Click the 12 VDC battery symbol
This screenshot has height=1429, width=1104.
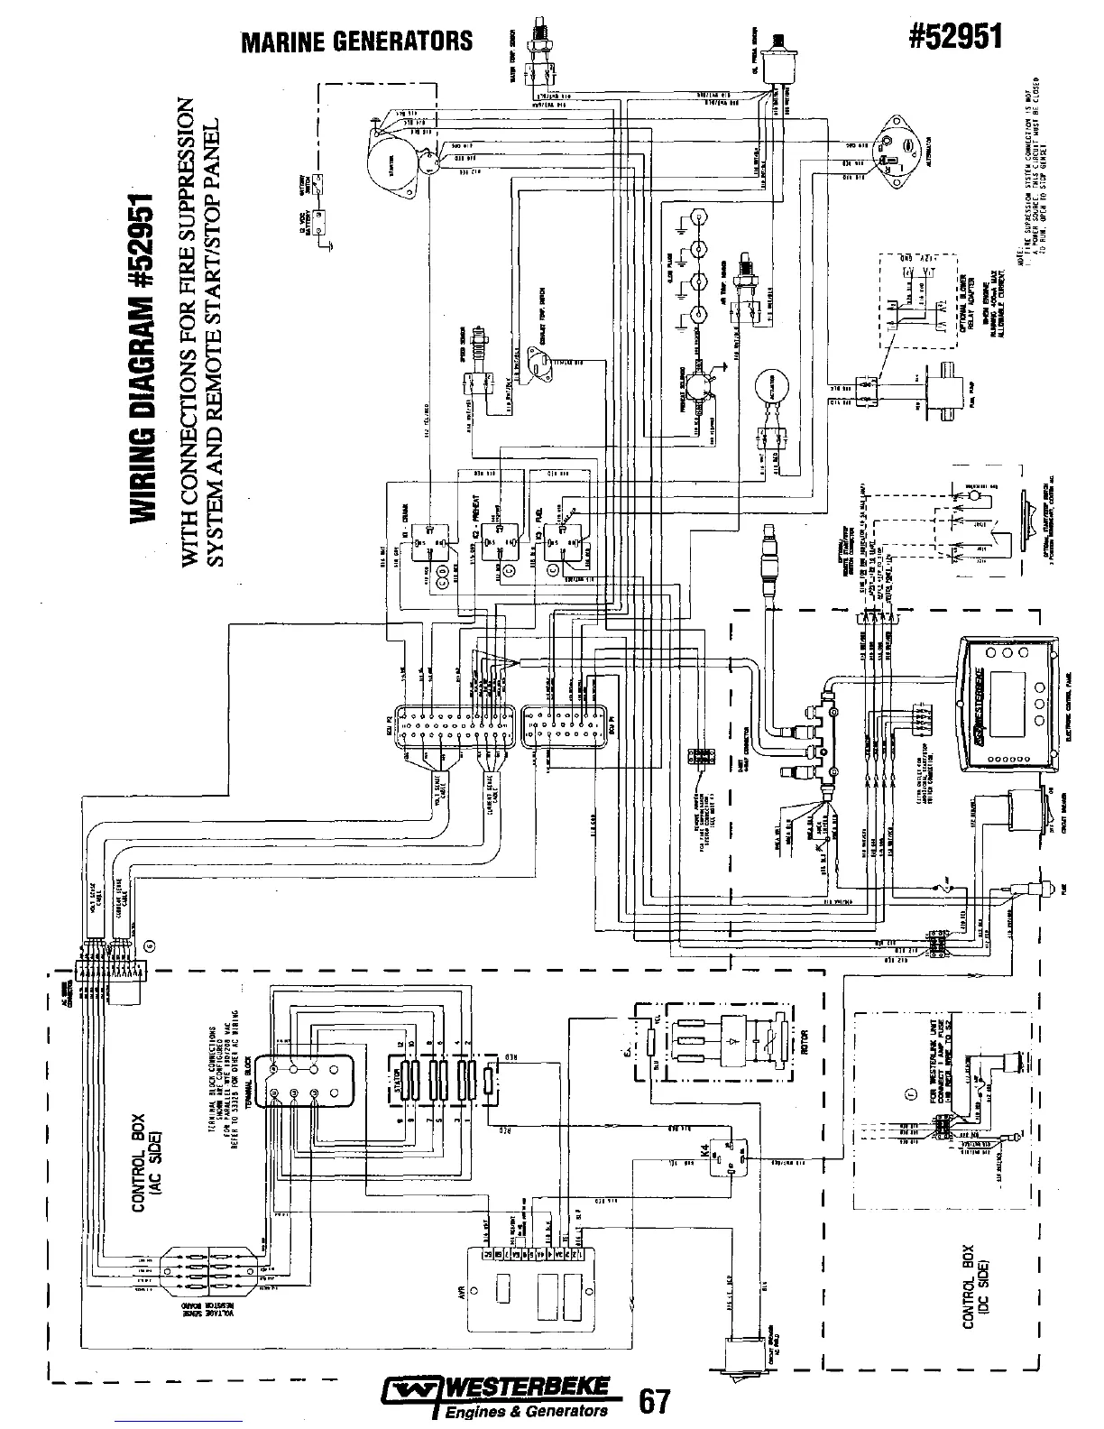317,222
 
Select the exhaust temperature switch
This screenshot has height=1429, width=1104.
541,360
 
